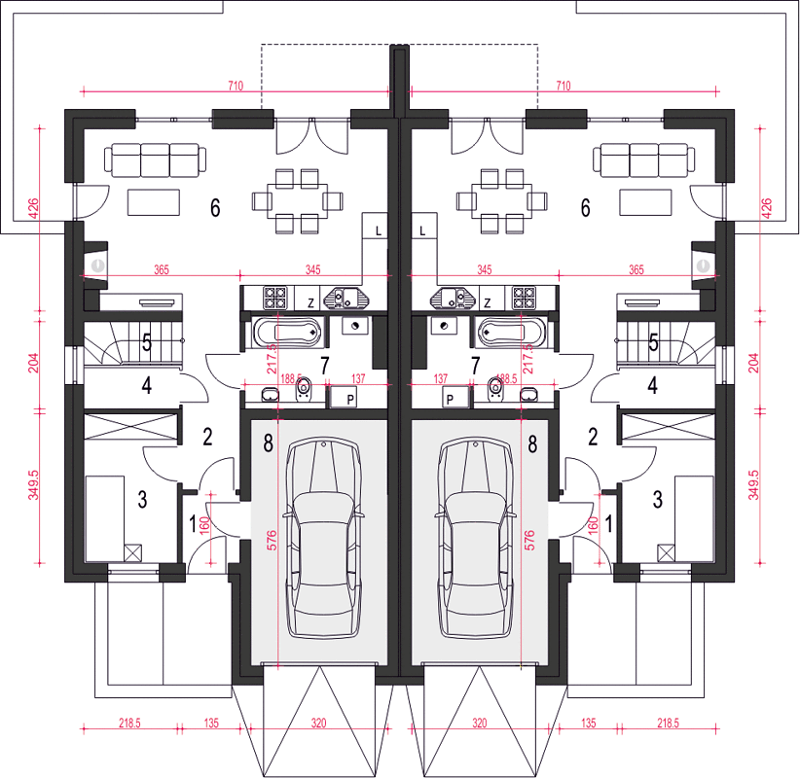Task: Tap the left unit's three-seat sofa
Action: [156, 160]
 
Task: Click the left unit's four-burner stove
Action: [275, 298]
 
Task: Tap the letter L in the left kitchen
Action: [378, 231]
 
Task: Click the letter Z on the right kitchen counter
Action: [488, 302]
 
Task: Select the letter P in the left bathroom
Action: [350, 400]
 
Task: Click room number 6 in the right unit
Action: [586, 207]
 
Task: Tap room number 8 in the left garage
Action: [269, 443]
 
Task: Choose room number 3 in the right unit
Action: [658, 500]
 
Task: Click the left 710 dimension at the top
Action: [236, 86]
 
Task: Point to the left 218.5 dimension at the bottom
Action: [129, 723]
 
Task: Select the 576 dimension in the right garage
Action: [529, 540]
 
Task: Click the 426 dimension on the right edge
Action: [766, 208]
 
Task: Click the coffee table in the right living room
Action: [645, 202]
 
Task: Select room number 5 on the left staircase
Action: [147, 342]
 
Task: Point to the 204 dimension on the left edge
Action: [33, 363]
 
